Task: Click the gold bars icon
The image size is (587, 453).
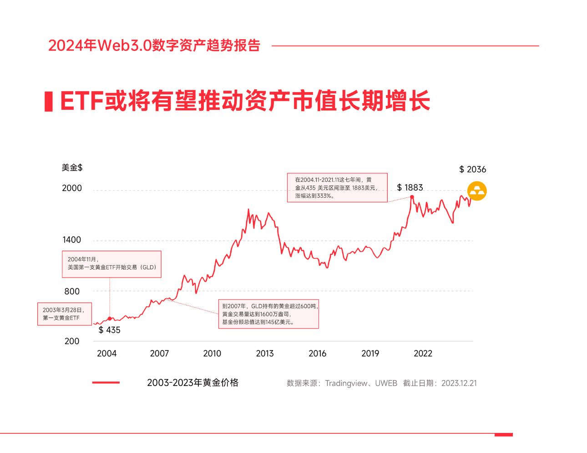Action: (x=477, y=191)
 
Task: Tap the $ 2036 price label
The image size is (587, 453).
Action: (x=472, y=170)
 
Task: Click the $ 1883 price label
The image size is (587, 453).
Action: (x=410, y=187)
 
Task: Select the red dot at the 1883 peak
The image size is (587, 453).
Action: (x=412, y=197)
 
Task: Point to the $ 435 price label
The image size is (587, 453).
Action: (x=109, y=330)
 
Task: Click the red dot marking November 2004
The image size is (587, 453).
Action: (x=110, y=319)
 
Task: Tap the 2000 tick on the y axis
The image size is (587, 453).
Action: (x=72, y=188)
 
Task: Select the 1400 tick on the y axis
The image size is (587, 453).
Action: (x=72, y=240)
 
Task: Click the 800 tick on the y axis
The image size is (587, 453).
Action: (x=72, y=291)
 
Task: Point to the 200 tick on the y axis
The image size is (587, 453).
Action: (x=72, y=341)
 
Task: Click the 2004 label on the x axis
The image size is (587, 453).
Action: (x=106, y=354)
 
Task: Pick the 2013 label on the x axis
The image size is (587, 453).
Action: (x=265, y=354)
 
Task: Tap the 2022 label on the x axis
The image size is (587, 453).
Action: (x=423, y=354)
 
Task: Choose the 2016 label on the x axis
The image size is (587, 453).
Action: (x=317, y=354)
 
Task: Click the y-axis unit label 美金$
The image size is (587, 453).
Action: (x=72, y=168)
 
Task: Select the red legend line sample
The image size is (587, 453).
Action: (x=106, y=383)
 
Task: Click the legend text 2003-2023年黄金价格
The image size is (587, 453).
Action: (x=192, y=383)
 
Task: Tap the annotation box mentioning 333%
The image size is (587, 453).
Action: (x=337, y=187)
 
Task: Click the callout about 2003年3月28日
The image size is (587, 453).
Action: (x=64, y=314)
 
